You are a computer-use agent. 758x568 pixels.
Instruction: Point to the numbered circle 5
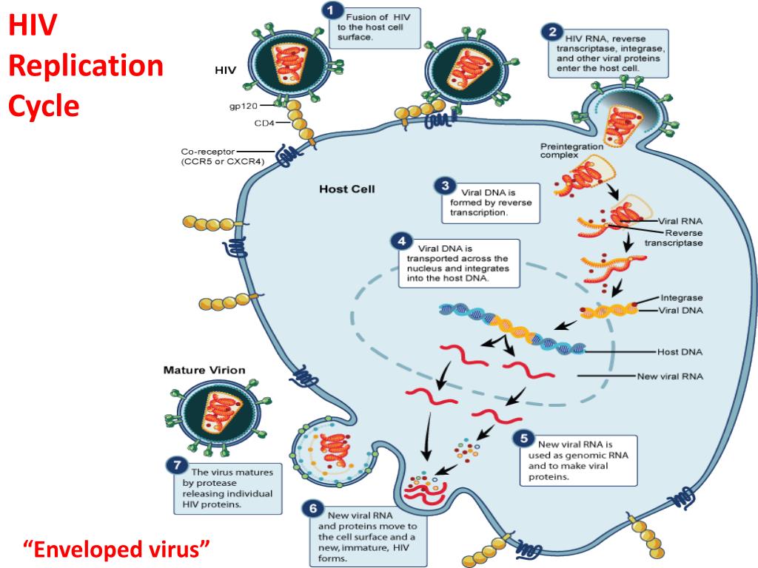tap(525, 439)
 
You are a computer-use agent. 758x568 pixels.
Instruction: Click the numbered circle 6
tap(313, 510)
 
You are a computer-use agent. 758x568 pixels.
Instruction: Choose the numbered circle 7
tap(175, 465)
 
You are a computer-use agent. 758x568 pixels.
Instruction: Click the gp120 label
tap(243, 106)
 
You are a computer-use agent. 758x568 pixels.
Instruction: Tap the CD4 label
tap(264, 123)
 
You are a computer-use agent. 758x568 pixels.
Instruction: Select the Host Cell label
tap(347, 189)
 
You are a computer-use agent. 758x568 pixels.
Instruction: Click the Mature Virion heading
tap(204, 369)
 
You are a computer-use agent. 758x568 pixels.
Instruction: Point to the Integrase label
tap(681, 297)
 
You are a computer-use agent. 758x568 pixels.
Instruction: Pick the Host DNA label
tap(680, 351)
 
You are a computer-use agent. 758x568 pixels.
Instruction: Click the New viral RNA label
tap(670, 376)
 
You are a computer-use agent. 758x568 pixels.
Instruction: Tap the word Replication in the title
tap(85, 67)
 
